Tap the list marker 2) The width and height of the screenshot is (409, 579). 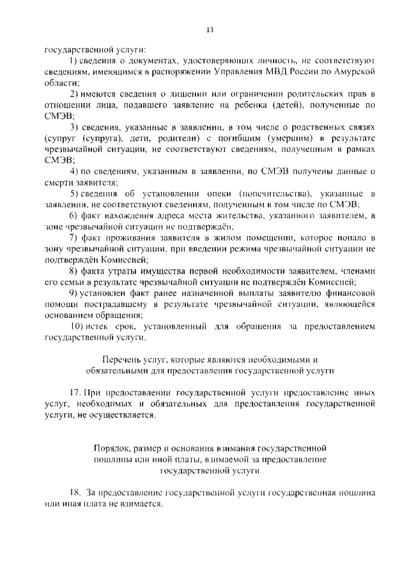point(74,93)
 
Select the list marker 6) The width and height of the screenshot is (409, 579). point(74,216)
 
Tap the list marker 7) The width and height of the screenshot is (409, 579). point(74,238)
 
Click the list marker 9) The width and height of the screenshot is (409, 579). point(74,294)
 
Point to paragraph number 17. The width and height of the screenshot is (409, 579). point(74,393)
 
